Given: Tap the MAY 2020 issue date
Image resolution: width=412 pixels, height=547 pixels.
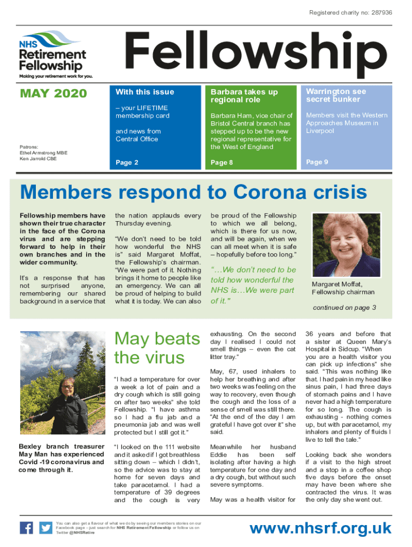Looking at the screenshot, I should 53,94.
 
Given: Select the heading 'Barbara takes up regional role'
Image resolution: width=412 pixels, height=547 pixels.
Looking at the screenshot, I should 244,96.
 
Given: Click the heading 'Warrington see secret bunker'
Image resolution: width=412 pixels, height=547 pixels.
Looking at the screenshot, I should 336,96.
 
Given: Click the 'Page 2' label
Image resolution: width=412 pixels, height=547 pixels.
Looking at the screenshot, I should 127,162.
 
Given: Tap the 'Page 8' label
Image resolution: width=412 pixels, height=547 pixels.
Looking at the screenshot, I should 222,162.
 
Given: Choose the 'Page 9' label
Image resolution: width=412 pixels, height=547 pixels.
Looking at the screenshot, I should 317,162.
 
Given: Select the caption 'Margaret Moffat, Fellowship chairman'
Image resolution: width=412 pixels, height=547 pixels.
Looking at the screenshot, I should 342,288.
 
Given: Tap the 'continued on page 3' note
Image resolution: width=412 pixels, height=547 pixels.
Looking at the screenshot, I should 344,308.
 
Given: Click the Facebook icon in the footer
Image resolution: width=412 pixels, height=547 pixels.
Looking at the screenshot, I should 26,528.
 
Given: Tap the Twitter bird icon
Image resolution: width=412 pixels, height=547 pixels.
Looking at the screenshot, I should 45,528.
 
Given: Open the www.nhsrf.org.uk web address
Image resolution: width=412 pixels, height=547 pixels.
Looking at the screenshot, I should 321,529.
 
